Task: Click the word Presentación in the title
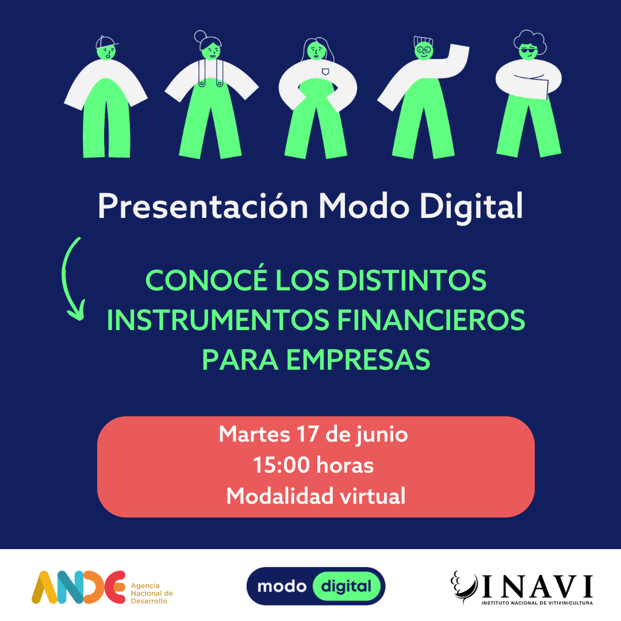(203, 206)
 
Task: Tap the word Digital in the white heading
(471, 207)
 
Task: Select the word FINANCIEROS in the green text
(431, 320)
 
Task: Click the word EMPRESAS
(358, 360)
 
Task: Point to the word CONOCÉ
(206, 279)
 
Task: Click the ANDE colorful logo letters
(78, 587)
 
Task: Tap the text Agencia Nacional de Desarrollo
(152, 593)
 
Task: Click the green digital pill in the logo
(347, 586)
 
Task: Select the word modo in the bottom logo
(282, 586)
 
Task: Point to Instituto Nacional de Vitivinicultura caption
(537, 603)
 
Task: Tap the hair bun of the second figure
(200, 36)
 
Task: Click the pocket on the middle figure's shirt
(325, 72)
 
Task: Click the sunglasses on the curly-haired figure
(529, 50)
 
